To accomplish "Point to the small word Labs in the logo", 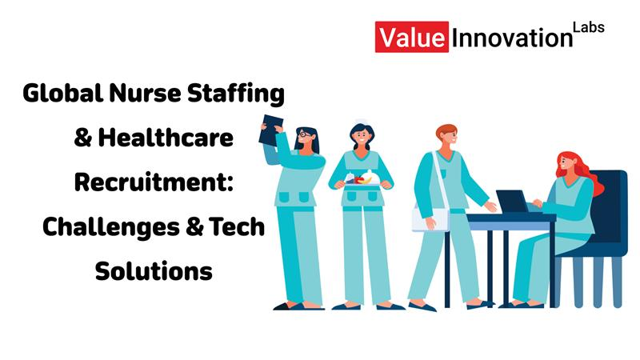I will coord(588,27).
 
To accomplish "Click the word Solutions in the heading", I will coord(154,271).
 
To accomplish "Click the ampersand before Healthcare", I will coord(82,139).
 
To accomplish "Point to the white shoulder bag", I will coord(430,218).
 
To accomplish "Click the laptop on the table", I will coord(514,202).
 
